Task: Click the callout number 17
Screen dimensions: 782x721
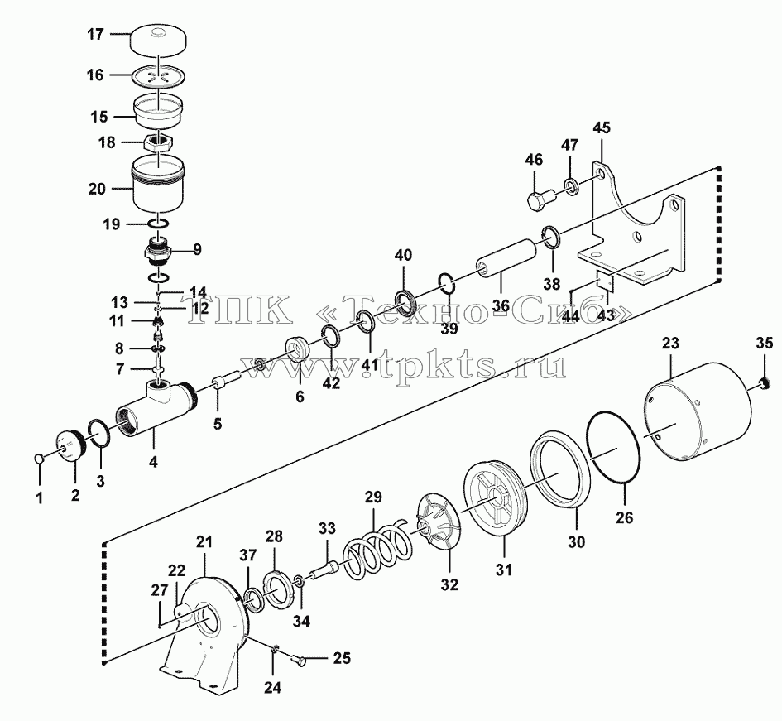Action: tap(95, 35)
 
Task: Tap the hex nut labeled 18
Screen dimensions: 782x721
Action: tap(159, 143)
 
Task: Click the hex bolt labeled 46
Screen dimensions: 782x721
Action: tap(539, 197)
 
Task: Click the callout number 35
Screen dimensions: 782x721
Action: tap(764, 344)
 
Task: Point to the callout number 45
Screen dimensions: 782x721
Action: tap(601, 127)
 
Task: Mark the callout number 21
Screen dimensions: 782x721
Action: tap(204, 542)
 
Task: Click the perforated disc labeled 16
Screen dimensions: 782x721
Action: tap(159, 76)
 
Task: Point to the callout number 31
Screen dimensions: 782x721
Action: tap(504, 570)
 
